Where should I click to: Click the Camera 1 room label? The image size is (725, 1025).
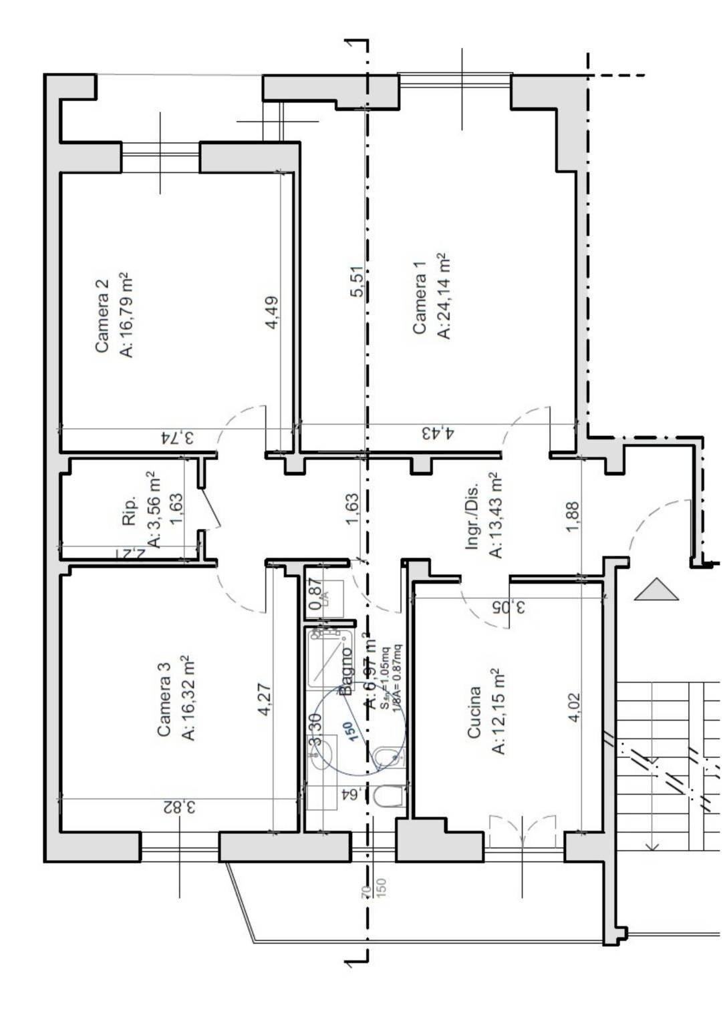click(419, 297)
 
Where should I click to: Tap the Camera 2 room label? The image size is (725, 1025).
click(102, 315)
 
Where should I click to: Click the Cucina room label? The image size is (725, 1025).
click(474, 712)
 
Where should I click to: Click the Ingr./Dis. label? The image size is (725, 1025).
click(472, 516)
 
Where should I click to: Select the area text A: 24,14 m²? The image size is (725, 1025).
click(444, 296)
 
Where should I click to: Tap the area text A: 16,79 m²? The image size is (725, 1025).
click(126, 315)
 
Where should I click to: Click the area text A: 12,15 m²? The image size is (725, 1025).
click(498, 711)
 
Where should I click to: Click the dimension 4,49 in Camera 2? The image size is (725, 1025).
click(272, 313)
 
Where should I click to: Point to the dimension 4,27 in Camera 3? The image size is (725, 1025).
click(264, 699)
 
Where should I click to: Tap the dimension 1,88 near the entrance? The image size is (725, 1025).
click(573, 516)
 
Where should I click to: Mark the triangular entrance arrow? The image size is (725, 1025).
click(656, 590)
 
